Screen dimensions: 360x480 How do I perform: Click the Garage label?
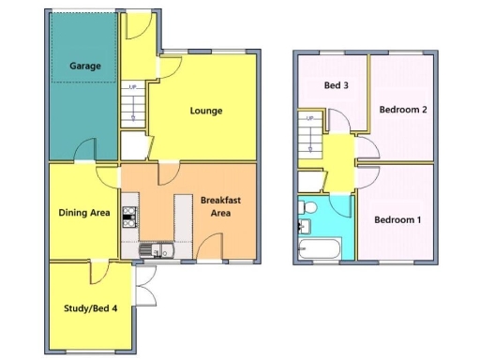click(83, 67)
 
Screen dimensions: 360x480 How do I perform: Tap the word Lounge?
click(206, 111)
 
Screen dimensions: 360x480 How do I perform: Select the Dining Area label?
click(84, 213)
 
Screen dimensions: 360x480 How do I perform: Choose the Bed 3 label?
click(336, 85)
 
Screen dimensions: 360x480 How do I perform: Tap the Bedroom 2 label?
click(403, 110)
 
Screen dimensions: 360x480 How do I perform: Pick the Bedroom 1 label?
click(397, 220)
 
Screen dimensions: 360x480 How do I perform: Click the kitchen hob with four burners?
click(128, 218)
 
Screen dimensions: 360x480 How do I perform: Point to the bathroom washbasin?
click(303, 226)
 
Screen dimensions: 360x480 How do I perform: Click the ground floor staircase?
click(132, 105)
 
